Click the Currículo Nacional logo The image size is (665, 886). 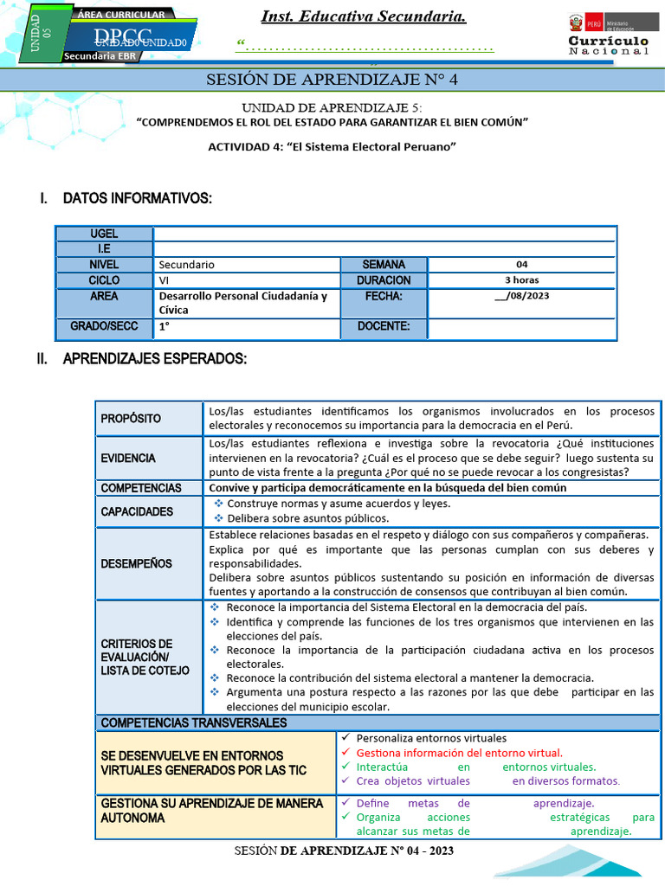tap(608, 35)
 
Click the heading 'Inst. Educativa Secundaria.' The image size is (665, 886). tap(364, 17)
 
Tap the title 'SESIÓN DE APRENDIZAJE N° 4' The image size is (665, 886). tap(332, 80)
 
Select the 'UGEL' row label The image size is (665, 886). tap(104, 234)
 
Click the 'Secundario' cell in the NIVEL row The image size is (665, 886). tap(187, 265)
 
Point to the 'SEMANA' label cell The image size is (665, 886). tap(383, 265)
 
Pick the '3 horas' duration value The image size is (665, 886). tap(521, 280)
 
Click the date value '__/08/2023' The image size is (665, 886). tap(521, 296)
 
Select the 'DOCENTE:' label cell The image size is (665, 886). tap(383, 327)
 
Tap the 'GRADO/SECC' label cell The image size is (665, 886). tap(104, 327)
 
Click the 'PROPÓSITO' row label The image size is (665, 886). tap(131, 419)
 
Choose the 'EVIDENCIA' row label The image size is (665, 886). tap(128, 458)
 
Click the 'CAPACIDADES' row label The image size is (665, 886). tap(137, 511)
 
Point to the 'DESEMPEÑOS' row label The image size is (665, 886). tap(136, 563)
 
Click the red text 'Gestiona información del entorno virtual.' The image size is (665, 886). tap(459, 753)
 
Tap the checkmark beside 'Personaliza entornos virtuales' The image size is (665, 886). tap(345, 738)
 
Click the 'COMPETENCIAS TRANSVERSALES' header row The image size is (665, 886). tap(194, 722)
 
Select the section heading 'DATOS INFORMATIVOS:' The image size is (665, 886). tap(137, 199)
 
